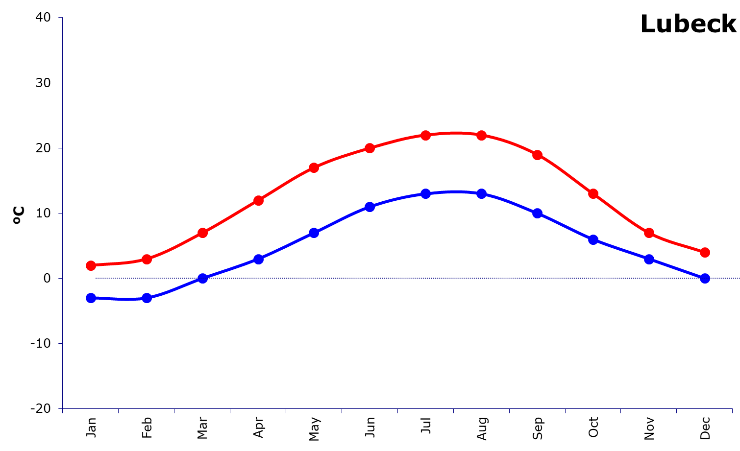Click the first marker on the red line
pos(91,265)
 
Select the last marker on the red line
pos(705,252)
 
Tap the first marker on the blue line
pos(91,298)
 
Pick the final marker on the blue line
pos(705,278)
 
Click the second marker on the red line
pos(147,259)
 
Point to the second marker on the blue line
pos(147,298)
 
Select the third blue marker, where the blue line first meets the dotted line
pos(202,278)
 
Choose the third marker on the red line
pos(202,233)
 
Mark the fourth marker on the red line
pos(258,200)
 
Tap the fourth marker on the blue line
pos(258,259)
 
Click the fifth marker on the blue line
pos(314,233)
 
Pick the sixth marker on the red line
pos(370,148)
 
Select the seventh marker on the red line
pos(426,135)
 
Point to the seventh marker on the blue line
pos(426,193)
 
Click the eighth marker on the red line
pos(482,135)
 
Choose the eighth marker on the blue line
pos(482,193)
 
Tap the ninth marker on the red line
pos(537,155)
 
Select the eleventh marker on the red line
pos(649,233)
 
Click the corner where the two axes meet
pos(62,408)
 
